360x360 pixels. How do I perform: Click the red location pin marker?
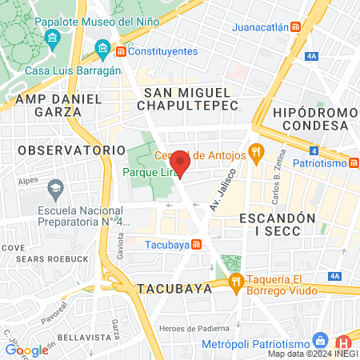tap(180, 166)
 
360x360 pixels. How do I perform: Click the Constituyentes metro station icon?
tap(122, 52)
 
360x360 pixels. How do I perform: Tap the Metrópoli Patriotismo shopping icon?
tap(320, 340)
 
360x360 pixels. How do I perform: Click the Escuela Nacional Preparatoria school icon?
tap(55, 190)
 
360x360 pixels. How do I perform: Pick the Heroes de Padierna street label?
tap(194, 328)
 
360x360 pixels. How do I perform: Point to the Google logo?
tap(26, 350)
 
